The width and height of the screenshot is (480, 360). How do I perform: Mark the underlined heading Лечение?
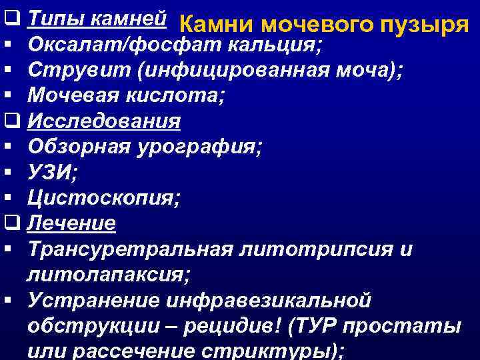(x=72, y=223)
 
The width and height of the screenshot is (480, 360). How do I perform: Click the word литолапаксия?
(x=107, y=274)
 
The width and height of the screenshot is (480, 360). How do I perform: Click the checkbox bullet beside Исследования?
(x=10, y=122)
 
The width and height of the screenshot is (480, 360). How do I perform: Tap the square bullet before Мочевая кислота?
(x=8, y=97)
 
